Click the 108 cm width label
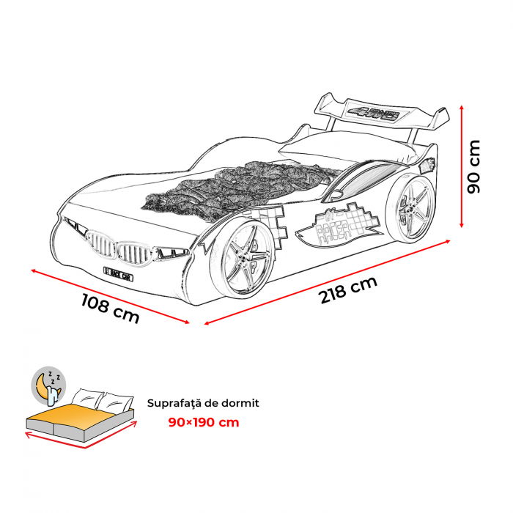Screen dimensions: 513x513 [x=109, y=309]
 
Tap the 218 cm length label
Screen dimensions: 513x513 [x=347, y=291]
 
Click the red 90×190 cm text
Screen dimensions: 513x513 [x=204, y=422]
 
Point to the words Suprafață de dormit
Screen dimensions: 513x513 [x=203, y=403]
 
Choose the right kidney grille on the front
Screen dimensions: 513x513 [x=135, y=255]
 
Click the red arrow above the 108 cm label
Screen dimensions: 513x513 [x=110, y=296]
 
